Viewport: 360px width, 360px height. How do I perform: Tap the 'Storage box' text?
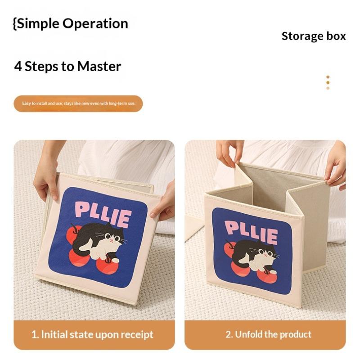coord(314,36)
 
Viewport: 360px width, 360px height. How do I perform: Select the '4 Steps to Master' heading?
coord(68,67)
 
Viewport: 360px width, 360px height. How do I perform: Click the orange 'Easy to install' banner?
coord(78,103)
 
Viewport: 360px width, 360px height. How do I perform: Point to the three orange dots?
coord(328,82)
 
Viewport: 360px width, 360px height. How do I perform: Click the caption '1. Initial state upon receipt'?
coord(92,334)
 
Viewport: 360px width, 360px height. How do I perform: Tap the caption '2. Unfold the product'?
coord(268,334)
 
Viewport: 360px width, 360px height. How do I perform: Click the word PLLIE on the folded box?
coord(103,213)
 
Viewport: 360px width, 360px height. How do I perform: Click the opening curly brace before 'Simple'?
coord(15,23)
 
